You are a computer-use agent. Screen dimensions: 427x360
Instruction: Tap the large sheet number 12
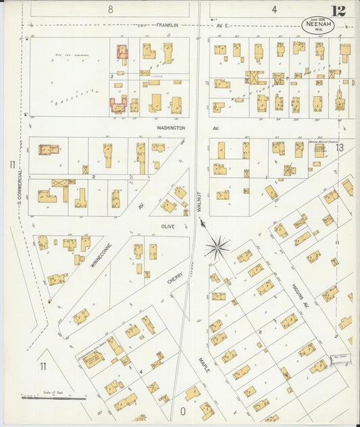coord(339,11)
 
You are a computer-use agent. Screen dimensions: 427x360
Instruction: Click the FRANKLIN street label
coord(167,26)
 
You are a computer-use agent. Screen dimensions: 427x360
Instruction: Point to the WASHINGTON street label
coord(170,127)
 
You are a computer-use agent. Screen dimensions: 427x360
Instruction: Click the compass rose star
coord(217,247)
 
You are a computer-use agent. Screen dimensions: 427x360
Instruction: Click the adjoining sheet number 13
coord(340,147)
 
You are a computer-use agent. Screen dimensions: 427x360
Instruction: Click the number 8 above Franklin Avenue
coord(110,9)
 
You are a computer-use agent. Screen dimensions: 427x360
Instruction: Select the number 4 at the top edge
coord(274,9)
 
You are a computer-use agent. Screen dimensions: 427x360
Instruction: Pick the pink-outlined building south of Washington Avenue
coord(49,149)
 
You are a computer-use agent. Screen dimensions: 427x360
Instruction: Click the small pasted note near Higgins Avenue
coord(339,358)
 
